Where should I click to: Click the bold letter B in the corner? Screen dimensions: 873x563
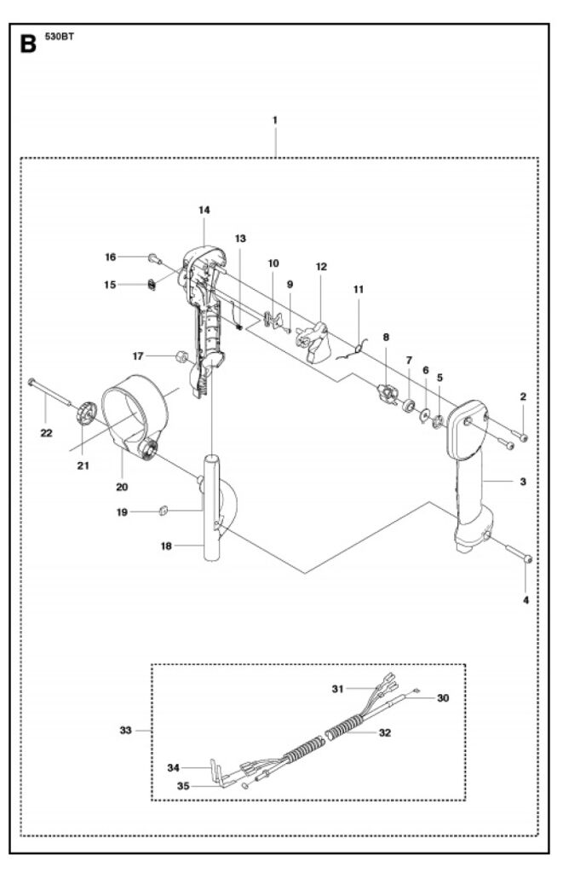pos(28,43)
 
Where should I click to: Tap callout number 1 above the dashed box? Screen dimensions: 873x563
pos(275,120)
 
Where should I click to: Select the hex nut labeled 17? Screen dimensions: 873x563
pos(181,356)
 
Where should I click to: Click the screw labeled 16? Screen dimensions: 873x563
pos(154,257)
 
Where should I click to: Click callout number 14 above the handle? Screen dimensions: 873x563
pos(204,209)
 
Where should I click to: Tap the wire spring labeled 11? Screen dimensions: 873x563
pos(359,345)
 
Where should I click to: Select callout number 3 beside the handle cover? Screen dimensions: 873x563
pos(522,482)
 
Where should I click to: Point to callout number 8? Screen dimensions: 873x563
pos(386,337)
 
